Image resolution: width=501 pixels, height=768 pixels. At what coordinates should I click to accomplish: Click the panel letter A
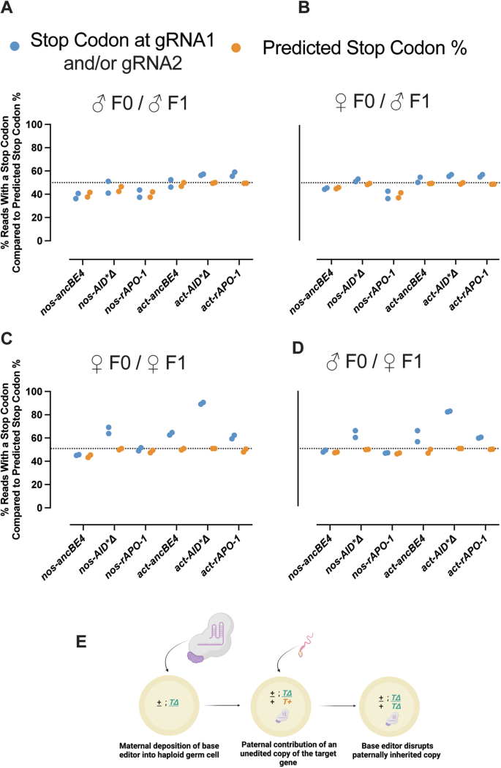click(10, 10)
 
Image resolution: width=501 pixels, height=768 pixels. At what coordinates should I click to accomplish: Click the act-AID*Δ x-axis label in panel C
click(183, 544)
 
